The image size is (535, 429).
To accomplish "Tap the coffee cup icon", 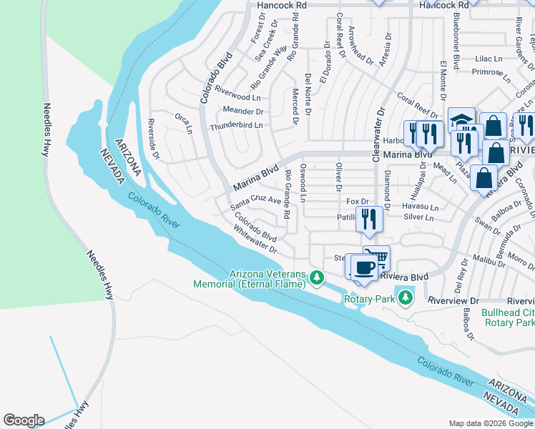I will point(364,267).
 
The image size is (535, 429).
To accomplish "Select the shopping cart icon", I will point(377,257).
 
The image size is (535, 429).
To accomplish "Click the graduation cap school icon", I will point(461,119).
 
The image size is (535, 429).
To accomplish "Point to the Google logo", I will point(24,420).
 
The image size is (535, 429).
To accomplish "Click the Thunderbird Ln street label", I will point(236,127).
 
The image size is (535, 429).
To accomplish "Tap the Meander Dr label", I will point(242,112).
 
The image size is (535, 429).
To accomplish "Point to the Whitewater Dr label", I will point(255,239).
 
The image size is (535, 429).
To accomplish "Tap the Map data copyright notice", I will point(491,423).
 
